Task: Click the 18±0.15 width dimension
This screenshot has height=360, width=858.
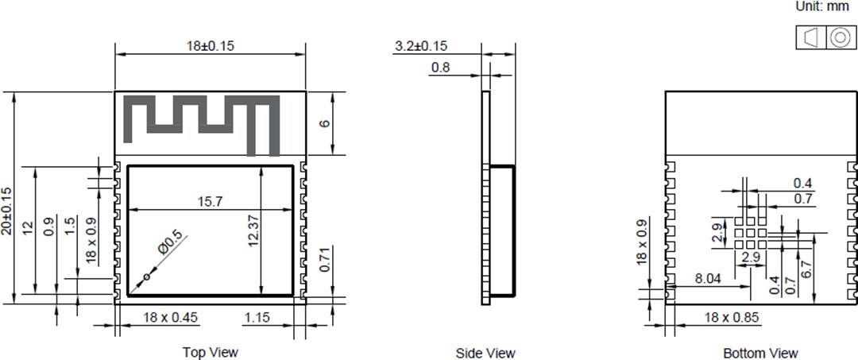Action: tap(211, 45)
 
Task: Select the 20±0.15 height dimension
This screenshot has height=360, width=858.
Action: tap(7, 211)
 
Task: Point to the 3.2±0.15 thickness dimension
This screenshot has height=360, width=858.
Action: tap(420, 47)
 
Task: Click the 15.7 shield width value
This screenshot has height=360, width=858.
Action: tap(211, 202)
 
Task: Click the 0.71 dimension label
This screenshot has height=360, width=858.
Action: tap(325, 260)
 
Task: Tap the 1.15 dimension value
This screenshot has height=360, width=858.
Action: tap(256, 317)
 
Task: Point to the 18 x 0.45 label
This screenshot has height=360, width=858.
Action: tap(170, 317)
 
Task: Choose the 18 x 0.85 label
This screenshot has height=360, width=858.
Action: tap(732, 317)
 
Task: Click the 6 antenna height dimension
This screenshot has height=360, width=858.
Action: tap(325, 123)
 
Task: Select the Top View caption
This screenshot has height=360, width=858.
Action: tap(210, 352)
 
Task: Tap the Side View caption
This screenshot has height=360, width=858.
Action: tap(485, 353)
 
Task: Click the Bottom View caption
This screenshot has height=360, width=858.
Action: tap(760, 353)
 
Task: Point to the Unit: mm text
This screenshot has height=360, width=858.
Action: tap(822, 6)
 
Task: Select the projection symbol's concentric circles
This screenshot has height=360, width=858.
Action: tap(839, 37)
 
